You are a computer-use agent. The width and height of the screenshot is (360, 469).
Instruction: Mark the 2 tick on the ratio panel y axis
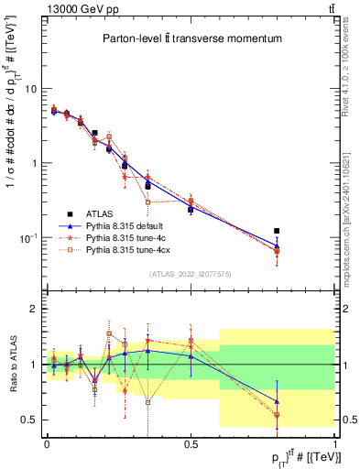[35, 309]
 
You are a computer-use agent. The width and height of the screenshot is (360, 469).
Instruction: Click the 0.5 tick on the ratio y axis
[31, 420]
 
